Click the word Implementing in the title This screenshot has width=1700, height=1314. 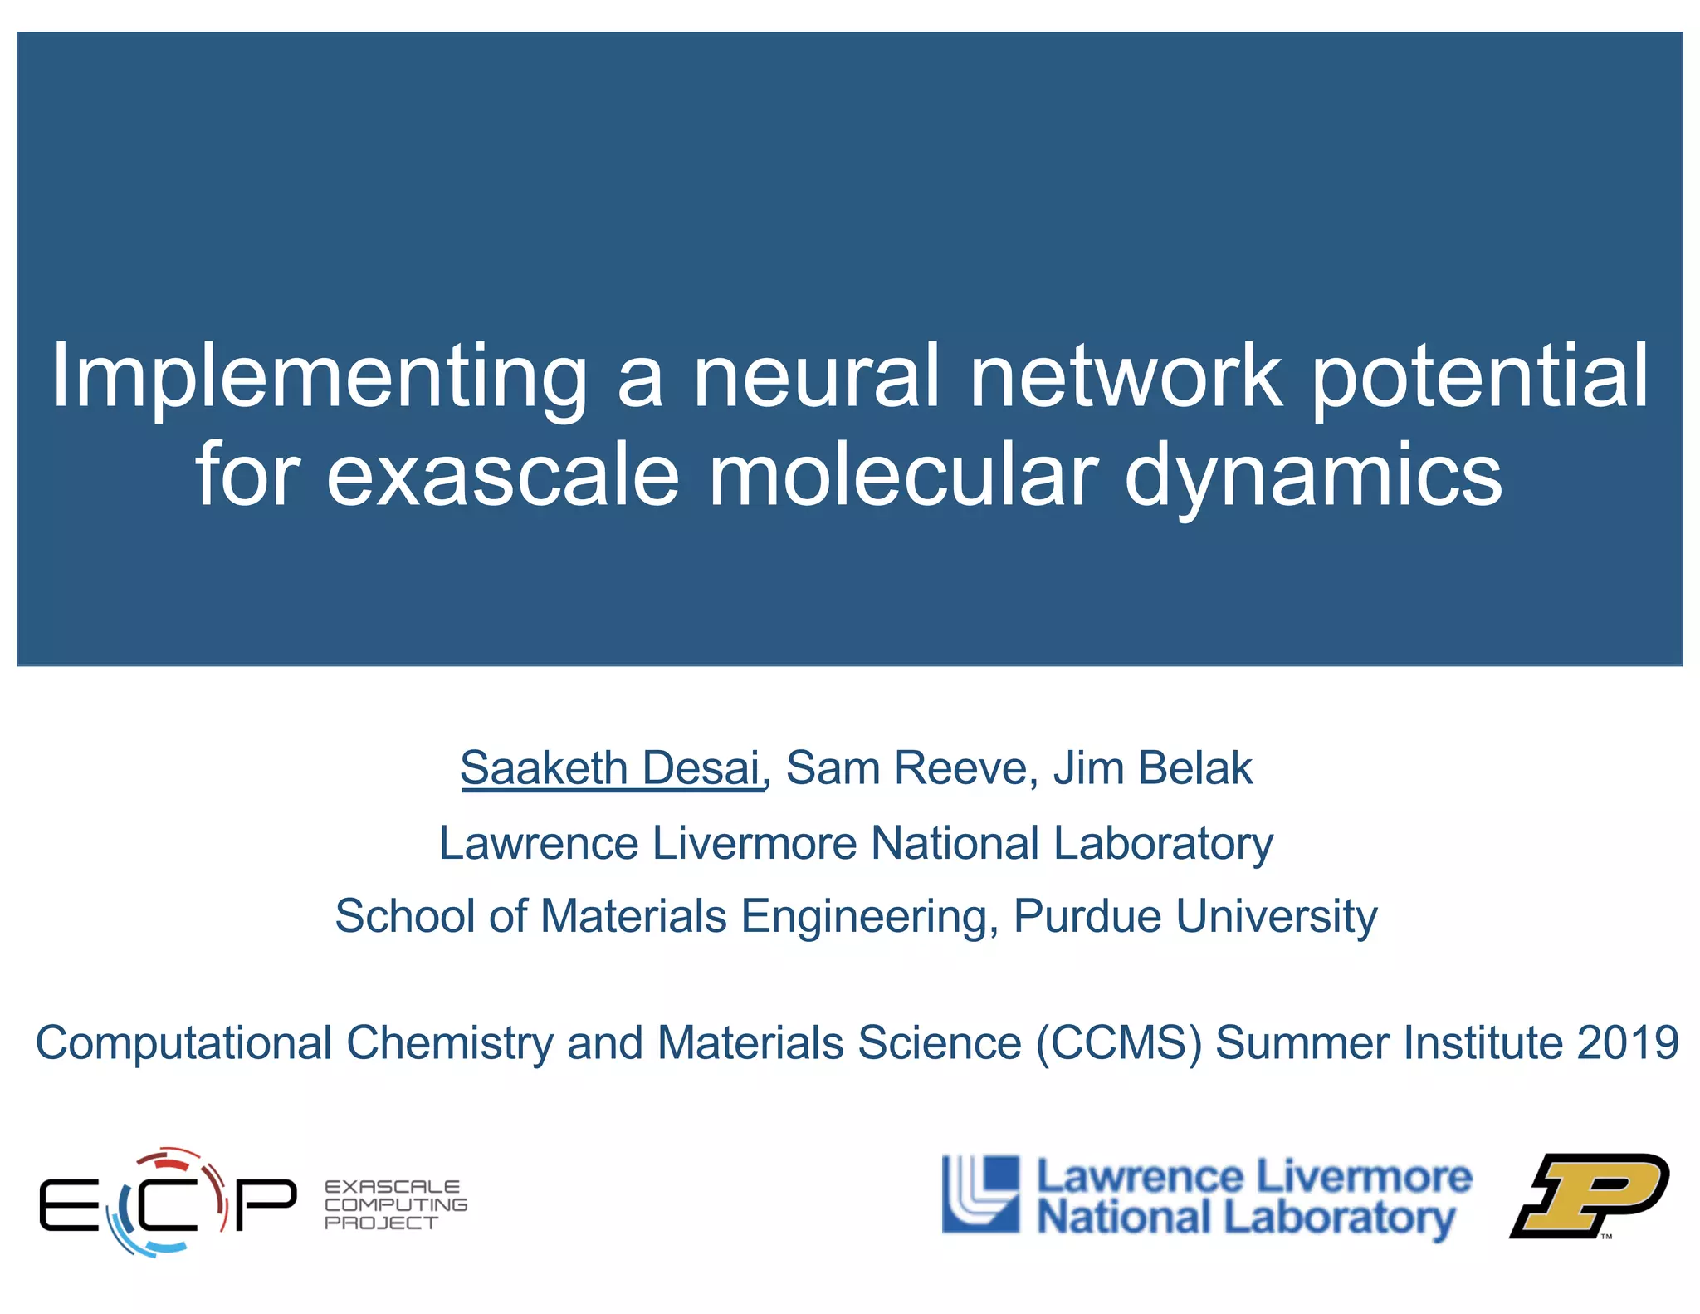point(320,378)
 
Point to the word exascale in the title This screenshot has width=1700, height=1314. point(503,475)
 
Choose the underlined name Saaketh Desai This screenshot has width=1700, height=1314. point(611,767)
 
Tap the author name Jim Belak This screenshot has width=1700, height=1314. point(1152,767)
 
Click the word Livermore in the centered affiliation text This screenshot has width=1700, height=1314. point(754,843)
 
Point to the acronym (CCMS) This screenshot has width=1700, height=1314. point(1118,1043)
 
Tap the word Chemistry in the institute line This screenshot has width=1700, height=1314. point(449,1043)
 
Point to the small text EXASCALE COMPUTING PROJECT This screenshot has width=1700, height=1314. point(395,1204)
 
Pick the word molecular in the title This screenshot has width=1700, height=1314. point(903,475)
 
